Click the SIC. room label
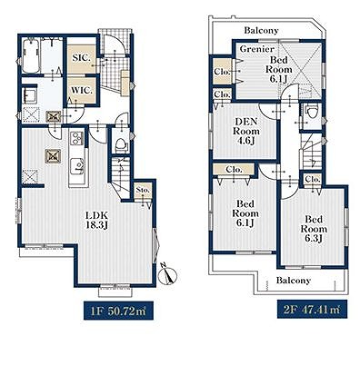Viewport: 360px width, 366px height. click(x=82, y=58)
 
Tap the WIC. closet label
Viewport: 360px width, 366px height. click(x=82, y=90)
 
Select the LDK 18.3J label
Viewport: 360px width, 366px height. click(x=97, y=221)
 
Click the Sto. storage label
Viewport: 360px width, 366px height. click(x=143, y=191)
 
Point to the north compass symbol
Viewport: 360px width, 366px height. click(x=167, y=274)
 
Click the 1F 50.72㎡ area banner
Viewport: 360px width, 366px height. click(x=119, y=311)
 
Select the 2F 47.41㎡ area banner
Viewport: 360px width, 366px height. click(x=312, y=309)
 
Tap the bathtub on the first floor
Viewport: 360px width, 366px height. click(x=30, y=56)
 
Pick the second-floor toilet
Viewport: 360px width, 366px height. click(x=312, y=111)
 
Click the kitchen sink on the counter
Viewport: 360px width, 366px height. click(x=78, y=167)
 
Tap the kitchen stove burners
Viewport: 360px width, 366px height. click(x=77, y=139)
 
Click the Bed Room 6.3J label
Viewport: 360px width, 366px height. click(x=314, y=229)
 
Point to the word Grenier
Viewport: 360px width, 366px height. click(x=256, y=49)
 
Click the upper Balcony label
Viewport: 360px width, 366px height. click(x=261, y=30)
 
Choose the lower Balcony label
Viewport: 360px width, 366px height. click(x=294, y=281)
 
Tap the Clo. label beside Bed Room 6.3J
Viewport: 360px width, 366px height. click(x=313, y=179)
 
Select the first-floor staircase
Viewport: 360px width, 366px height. click(x=120, y=175)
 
